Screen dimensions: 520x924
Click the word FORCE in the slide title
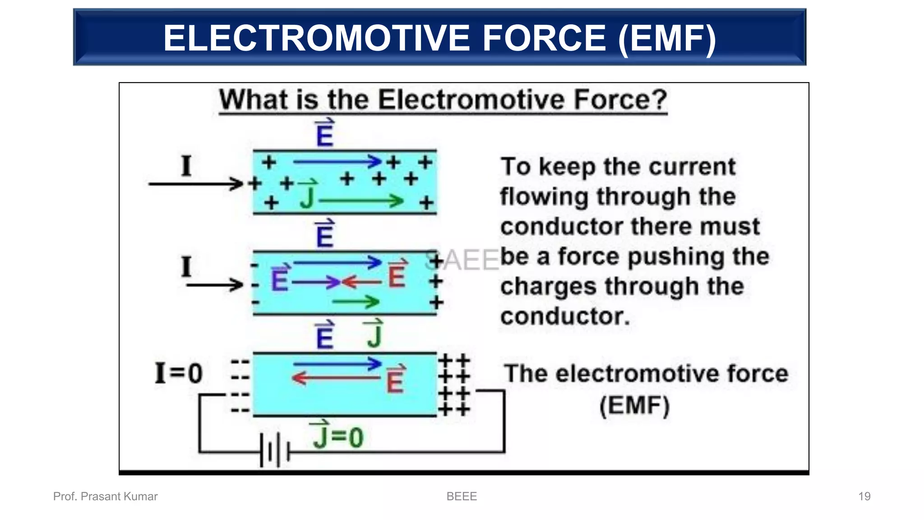(x=544, y=38)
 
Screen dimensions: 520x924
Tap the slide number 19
(x=864, y=497)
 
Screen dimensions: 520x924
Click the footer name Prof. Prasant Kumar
(x=105, y=497)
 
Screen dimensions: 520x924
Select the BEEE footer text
(x=462, y=497)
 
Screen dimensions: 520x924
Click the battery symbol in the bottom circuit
(x=274, y=450)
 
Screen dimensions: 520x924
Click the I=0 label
(x=179, y=373)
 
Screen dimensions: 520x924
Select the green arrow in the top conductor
(x=361, y=201)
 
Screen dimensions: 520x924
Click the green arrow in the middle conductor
(x=356, y=302)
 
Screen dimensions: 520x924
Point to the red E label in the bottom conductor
(x=395, y=380)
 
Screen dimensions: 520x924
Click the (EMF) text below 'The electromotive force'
(x=634, y=405)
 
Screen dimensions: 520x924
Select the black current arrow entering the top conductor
(x=196, y=184)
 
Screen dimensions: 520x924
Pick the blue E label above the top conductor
(x=325, y=134)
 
